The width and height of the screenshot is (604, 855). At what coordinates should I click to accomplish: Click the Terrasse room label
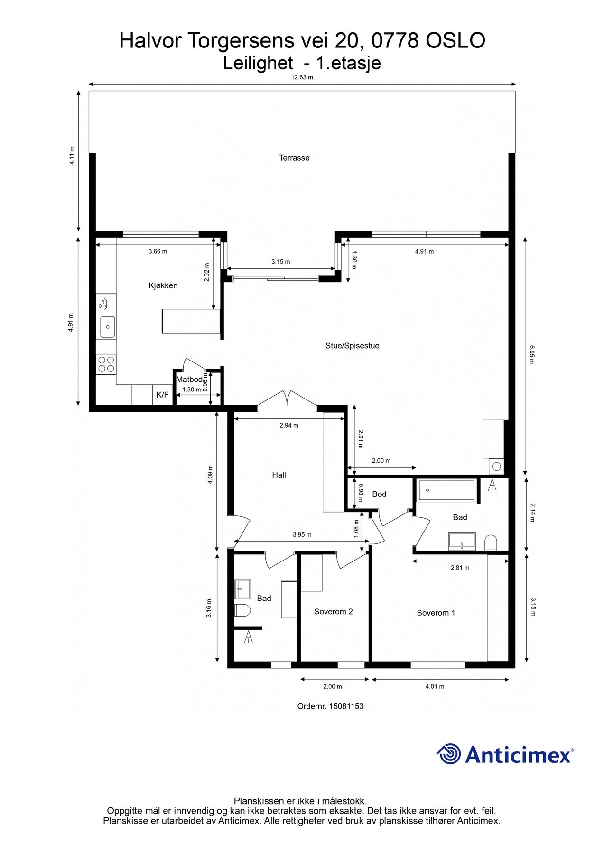[x=294, y=158]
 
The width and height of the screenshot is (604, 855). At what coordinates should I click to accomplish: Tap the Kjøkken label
[x=163, y=285]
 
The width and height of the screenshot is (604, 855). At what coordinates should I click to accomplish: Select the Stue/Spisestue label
[x=352, y=346]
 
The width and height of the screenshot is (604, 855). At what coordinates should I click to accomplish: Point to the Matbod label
[x=189, y=379]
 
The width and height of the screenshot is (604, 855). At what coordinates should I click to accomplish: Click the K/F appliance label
[x=162, y=394]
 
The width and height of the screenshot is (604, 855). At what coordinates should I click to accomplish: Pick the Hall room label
[x=279, y=475]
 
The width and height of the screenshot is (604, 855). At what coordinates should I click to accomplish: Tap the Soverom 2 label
[x=333, y=611]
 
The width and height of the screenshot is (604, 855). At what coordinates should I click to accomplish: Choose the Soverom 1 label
[x=436, y=613]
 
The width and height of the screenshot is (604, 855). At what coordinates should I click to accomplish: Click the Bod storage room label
[x=379, y=494]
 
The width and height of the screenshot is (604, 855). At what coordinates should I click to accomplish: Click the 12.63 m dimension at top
[x=302, y=77]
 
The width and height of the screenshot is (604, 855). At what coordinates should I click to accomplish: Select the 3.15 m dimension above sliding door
[x=280, y=262]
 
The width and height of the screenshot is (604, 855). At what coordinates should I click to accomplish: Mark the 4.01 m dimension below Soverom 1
[x=435, y=686]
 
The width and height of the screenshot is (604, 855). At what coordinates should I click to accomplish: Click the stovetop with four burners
[x=106, y=364]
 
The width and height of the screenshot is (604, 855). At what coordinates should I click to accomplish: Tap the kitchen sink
[x=108, y=327]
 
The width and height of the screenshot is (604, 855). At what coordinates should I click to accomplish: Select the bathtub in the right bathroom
[x=446, y=490]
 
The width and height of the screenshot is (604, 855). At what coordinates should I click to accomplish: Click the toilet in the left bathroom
[x=242, y=610]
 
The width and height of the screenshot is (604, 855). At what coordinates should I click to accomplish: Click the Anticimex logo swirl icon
[x=449, y=754]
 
